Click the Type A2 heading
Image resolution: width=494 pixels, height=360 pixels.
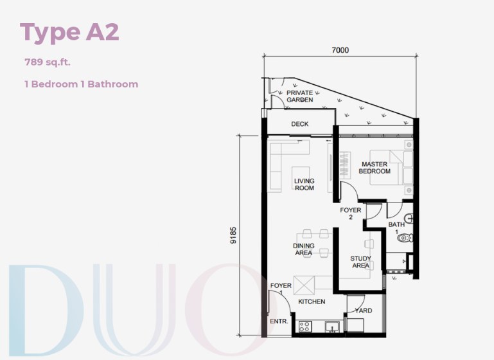click(x=69, y=32)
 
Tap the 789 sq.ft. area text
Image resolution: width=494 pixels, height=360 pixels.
click(x=48, y=62)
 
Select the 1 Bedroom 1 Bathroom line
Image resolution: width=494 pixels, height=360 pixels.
click(x=82, y=84)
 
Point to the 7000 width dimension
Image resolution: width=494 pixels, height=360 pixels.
click(x=340, y=50)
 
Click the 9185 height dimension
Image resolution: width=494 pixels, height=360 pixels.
click(x=233, y=235)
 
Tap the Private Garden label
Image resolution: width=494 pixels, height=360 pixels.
click(x=299, y=96)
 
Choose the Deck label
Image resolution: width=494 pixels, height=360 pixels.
click(x=299, y=124)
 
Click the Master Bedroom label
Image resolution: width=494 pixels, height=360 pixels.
click(x=375, y=168)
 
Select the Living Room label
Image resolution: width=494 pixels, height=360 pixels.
click(x=304, y=184)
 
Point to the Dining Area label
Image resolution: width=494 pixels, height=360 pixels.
click(x=303, y=249)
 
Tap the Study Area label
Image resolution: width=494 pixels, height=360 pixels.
click(x=361, y=262)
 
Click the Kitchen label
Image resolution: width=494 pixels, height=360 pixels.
click(x=312, y=301)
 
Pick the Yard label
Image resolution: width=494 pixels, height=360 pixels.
click(x=363, y=310)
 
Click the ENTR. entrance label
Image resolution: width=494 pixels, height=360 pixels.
click(x=279, y=321)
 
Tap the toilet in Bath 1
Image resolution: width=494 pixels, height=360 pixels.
click(x=405, y=238)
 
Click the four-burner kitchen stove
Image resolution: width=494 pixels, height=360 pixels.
click(x=304, y=327)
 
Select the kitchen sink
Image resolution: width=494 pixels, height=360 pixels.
click(x=332, y=327)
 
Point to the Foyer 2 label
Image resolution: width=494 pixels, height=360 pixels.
click(x=351, y=213)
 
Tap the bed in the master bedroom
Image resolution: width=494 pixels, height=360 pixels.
click(x=392, y=167)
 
